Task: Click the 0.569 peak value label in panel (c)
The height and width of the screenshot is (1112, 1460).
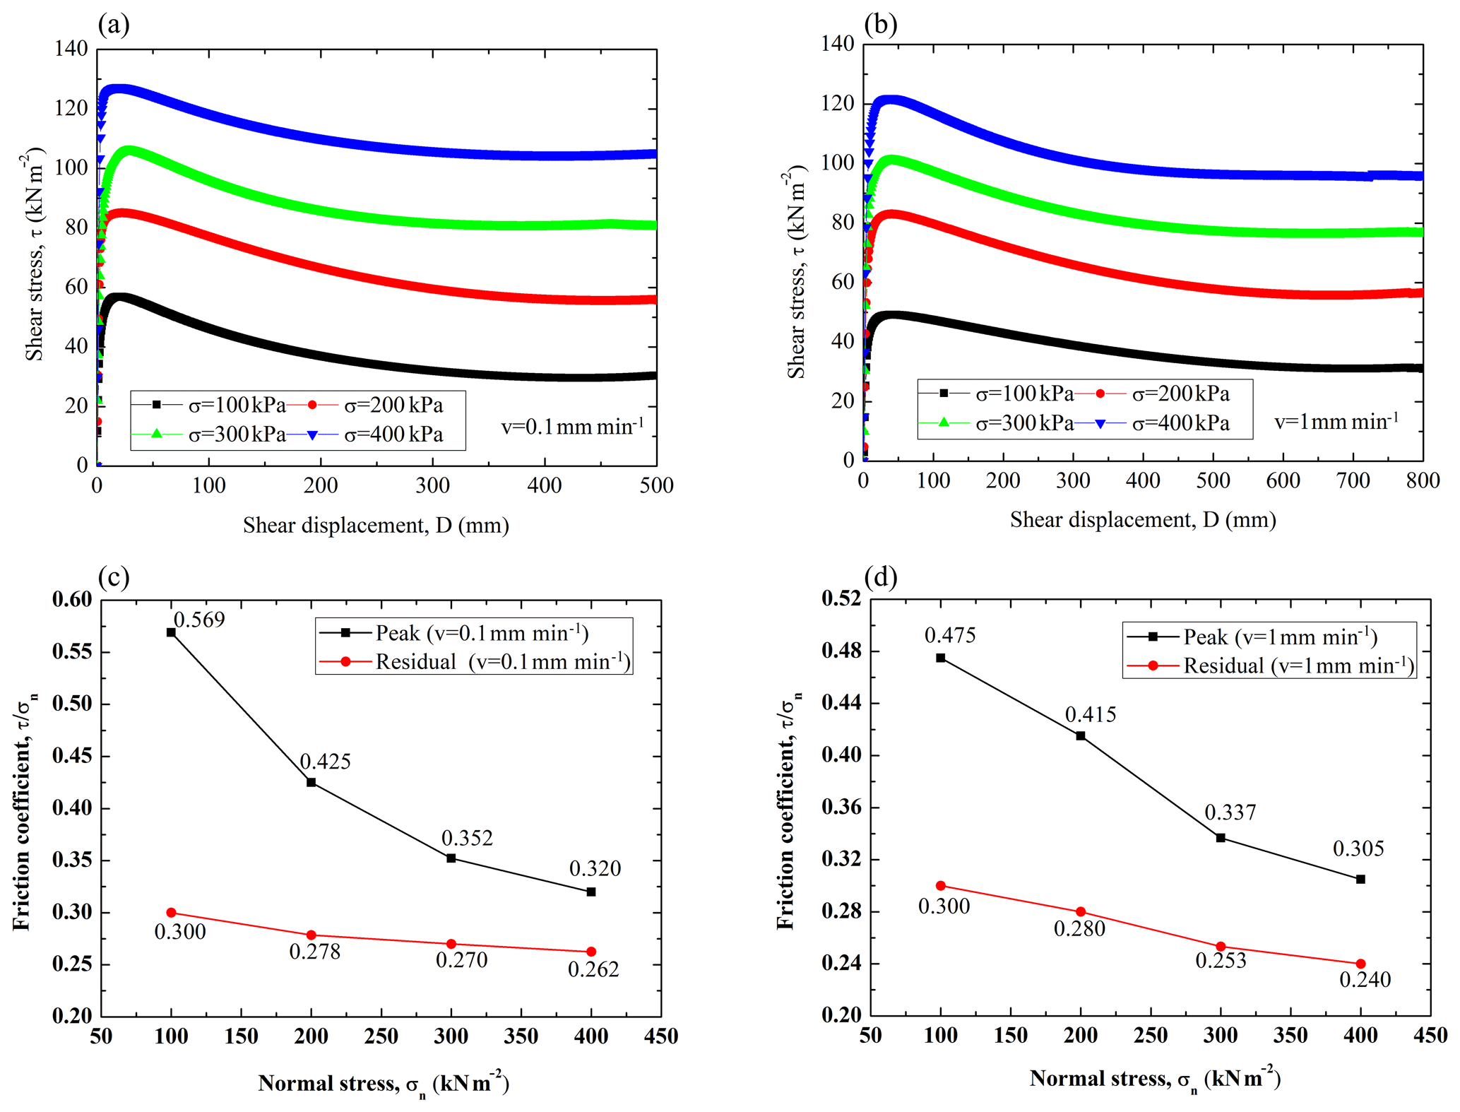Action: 199,620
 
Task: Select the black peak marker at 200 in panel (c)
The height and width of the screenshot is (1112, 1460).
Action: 311,782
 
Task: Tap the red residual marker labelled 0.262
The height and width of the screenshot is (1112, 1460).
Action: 591,952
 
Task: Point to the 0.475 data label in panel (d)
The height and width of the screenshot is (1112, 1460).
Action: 950,636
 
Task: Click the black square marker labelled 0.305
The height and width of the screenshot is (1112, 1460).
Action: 1360,879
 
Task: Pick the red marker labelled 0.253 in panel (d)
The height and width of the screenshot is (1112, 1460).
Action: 1221,947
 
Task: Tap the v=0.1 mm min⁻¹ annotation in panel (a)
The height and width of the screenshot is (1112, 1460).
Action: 572,427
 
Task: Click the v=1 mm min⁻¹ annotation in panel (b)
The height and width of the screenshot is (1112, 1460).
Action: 1336,422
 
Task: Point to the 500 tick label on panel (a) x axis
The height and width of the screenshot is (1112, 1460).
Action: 656,485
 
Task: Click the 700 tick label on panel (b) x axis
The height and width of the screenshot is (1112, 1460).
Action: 1353,480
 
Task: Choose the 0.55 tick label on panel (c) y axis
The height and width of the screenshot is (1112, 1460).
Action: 72,651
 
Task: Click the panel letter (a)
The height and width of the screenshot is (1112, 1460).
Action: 114,25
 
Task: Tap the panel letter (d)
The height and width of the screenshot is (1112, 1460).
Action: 881,577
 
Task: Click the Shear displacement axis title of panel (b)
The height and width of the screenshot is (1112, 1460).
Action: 1143,520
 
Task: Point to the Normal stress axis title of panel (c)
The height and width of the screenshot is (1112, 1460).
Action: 384,1083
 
